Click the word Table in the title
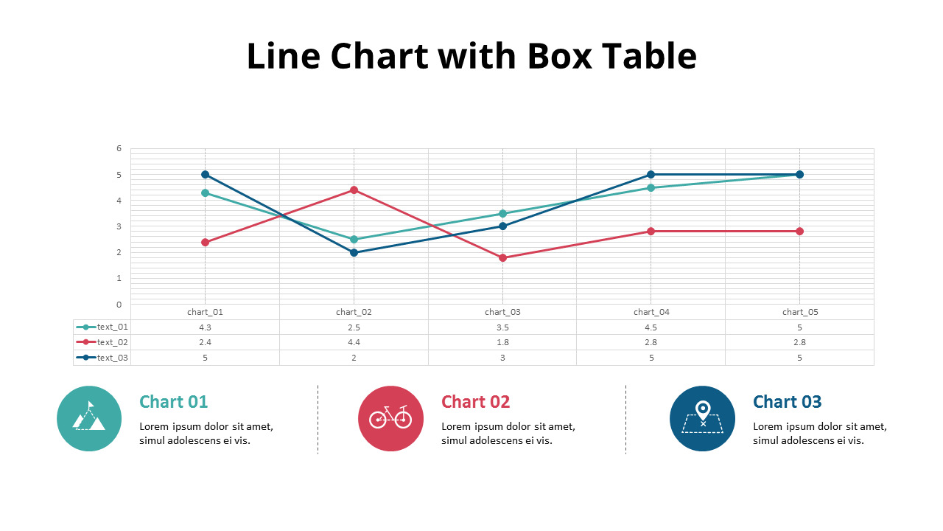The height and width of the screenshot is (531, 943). tap(649, 56)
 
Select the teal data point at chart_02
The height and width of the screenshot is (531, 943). tap(354, 239)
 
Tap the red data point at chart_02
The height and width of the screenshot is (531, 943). tap(354, 190)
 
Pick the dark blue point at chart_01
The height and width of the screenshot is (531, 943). tap(205, 175)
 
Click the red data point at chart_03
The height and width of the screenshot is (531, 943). tap(502, 257)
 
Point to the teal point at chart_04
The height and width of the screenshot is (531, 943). tap(651, 187)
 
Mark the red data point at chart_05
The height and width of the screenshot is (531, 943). tap(799, 232)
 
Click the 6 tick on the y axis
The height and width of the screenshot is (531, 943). tap(119, 148)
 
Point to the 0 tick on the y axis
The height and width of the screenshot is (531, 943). tap(119, 304)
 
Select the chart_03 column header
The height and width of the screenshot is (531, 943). tap(502, 312)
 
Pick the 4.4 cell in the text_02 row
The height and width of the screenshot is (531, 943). tap(354, 342)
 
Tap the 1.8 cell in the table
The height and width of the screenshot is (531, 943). tap(502, 342)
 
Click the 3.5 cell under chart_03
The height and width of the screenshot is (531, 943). tap(502, 327)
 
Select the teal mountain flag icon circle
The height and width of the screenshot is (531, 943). tap(89, 418)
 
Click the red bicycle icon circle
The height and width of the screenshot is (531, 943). tap(390, 418)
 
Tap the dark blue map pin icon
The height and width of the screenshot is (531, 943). tap(702, 418)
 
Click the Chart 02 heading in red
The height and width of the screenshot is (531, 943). tap(475, 402)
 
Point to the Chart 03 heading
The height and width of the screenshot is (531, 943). tap(787, 402)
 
